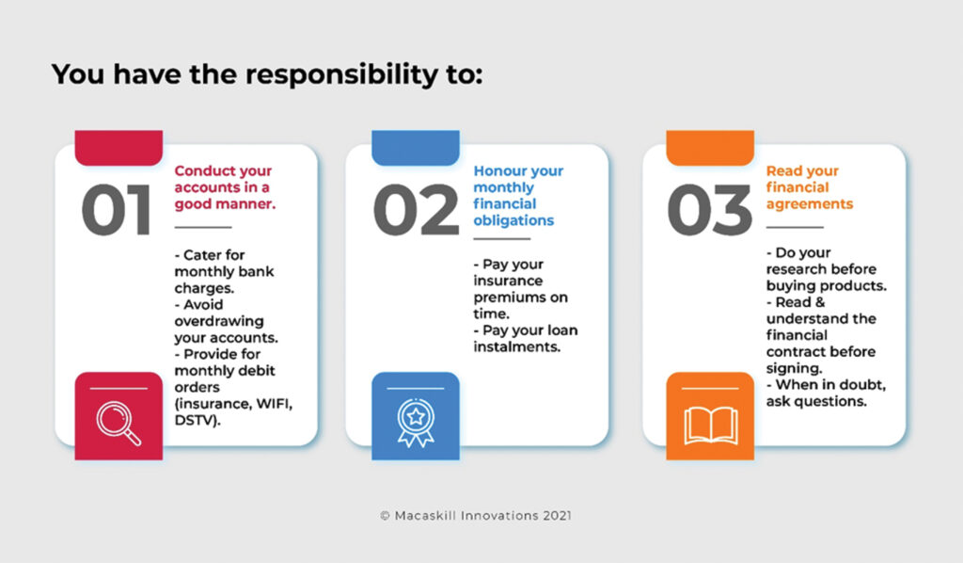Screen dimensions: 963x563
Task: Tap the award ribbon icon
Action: [416, 422]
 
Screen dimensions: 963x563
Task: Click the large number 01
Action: [116, 210]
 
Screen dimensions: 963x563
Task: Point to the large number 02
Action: [416, 210]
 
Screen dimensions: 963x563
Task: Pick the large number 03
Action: [709, 210]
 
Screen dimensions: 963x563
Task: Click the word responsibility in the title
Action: [341, 75]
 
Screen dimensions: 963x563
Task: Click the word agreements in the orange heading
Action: [810, 204]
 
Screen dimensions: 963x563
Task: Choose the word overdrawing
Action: [218, 321]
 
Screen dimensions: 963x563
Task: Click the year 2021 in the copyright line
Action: [557, 516]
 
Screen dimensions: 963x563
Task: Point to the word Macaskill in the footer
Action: [425, 516]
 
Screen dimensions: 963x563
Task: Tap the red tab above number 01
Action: [118, 148]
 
